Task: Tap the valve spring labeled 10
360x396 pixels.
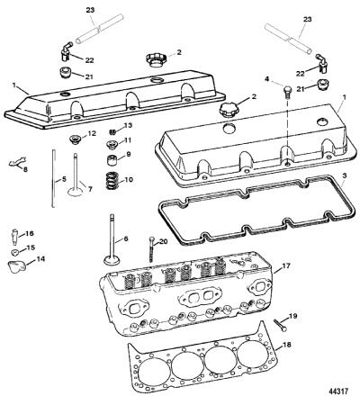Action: click(112, 180)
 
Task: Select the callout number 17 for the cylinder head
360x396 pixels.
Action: click(286, 265)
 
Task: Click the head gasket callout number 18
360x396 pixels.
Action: click(287, 345)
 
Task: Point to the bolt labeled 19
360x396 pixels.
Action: click(281, 325)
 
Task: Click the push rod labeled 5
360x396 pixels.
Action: click(53, 178)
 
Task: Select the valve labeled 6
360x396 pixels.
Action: click(112, 239)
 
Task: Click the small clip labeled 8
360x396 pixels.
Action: click(17, 162)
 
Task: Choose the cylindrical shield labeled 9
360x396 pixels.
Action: click(112, 159)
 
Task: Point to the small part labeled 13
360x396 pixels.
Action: click(112, 131)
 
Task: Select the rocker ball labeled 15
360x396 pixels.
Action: click(15, 252)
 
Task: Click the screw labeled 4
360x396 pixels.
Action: click(286, 91)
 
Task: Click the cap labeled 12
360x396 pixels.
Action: click(74, 139)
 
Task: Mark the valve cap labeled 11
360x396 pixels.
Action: click(112, 146)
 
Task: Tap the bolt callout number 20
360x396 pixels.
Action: click(163, 242)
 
